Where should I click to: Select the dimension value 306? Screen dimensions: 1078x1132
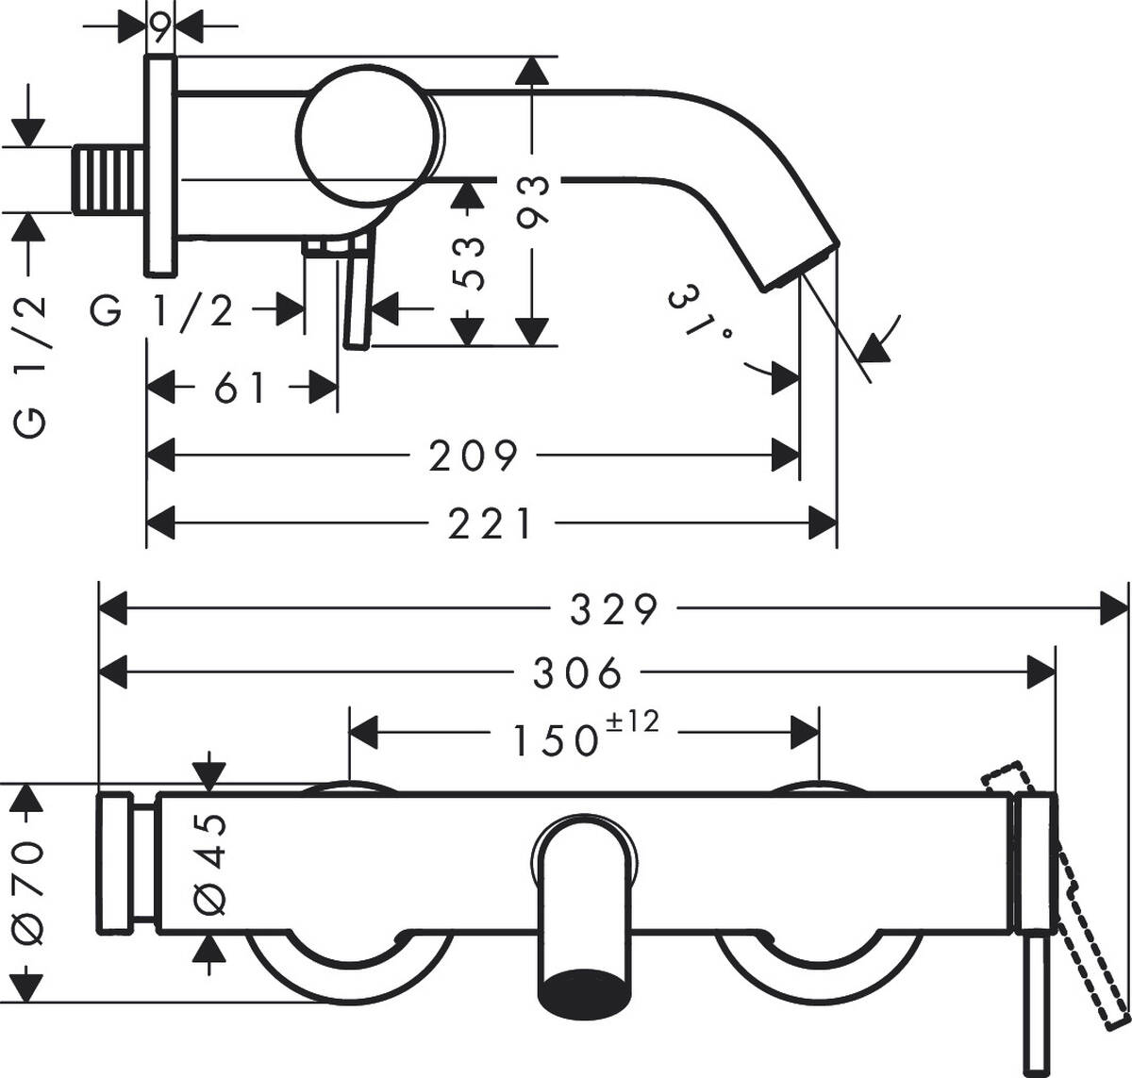pos(578,672)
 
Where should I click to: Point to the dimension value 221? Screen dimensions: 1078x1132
pos(490,522)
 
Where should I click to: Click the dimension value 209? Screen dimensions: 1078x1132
pos(474,456)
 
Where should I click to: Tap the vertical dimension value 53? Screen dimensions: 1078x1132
pos(469,262)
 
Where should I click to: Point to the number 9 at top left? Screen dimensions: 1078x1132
pos(160,28)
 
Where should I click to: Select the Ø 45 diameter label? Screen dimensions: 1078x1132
pos(210,863)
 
